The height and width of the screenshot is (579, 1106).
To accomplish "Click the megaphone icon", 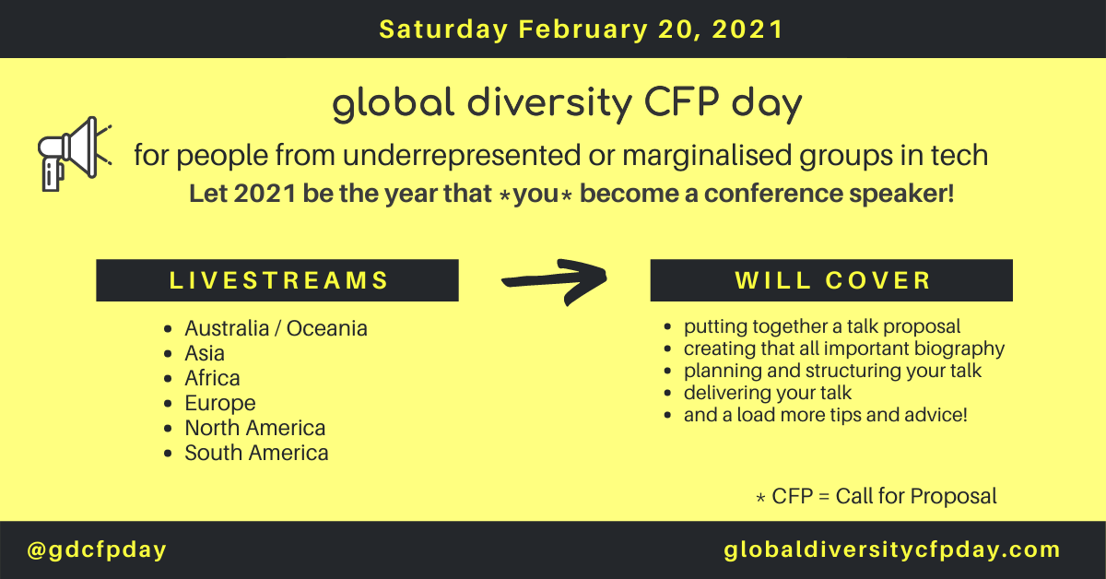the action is point(74,154).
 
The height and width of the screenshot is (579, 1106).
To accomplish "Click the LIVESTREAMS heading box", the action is point(277,280).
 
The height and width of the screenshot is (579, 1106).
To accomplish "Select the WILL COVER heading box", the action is point(831,280).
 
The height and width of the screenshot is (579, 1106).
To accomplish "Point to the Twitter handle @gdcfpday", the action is point(97,550).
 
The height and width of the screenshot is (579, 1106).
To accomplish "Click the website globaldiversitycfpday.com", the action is point(892,550).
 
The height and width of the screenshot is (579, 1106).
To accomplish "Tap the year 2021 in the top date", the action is point(747,30).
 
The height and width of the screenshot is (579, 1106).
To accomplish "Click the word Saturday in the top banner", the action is point(443,30).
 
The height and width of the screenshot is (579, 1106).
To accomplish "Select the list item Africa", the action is point(212,378).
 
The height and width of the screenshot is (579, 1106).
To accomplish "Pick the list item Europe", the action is point(220,404).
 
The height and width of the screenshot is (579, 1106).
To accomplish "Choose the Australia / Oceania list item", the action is point(276,328).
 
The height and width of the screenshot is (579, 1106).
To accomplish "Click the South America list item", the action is point(257,453).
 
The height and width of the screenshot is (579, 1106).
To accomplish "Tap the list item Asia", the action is point(205,354).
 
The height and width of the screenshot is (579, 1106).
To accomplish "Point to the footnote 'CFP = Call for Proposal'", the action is point(884,497).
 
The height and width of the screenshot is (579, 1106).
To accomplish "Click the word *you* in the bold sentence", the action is point(535,195).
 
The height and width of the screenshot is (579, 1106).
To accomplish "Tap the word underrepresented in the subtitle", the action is point(462,156).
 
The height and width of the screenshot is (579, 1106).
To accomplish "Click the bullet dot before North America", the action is point(168,429).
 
